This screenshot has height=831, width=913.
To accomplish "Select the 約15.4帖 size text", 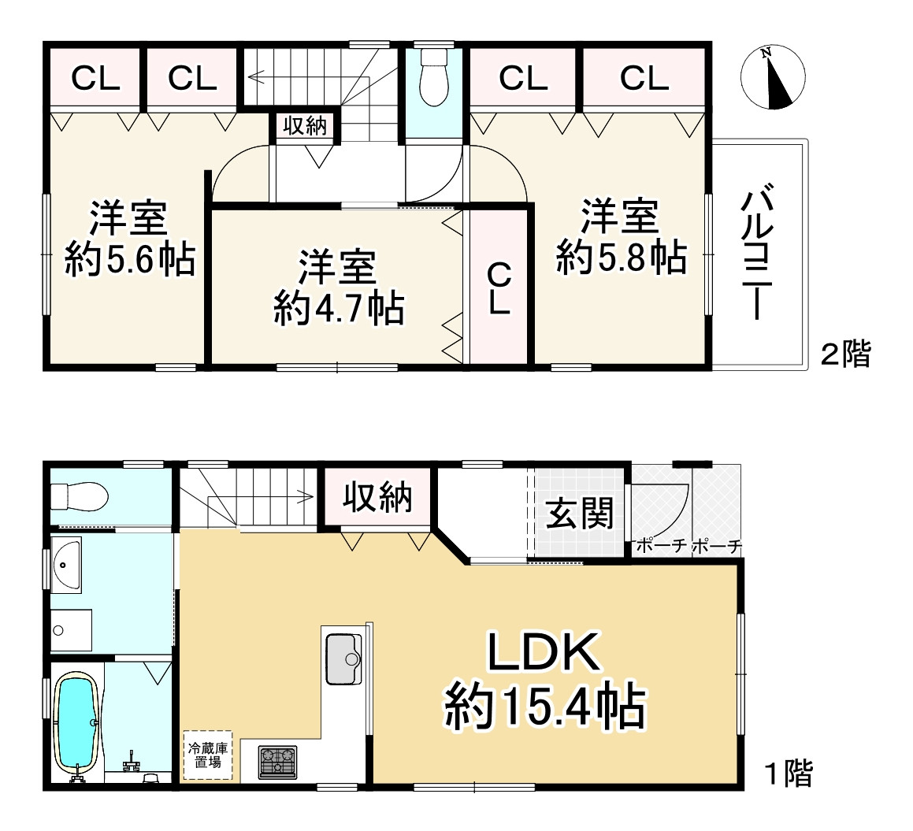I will [x=544, y=707].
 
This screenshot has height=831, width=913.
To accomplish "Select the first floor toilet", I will [x=79, y=497].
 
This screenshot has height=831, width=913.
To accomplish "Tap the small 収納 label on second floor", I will [x=305, y=126].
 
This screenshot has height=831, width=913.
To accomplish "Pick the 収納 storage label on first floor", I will [x=377, y=498].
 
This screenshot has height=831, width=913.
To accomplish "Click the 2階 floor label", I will [x=846, y=354].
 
